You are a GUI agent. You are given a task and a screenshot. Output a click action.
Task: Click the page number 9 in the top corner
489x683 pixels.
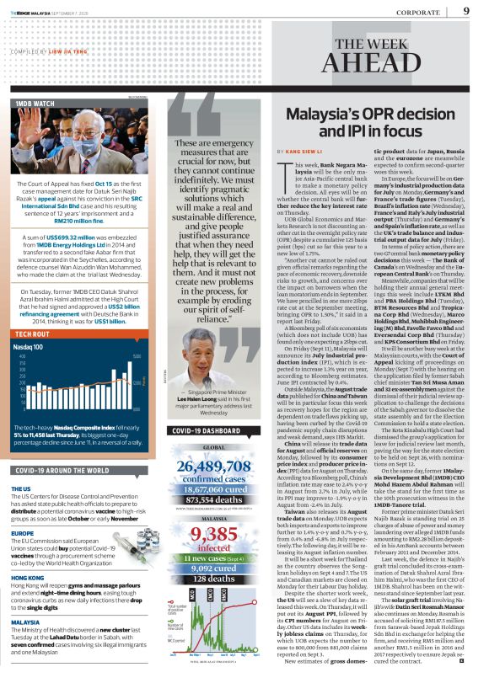click(x=466, y=10)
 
